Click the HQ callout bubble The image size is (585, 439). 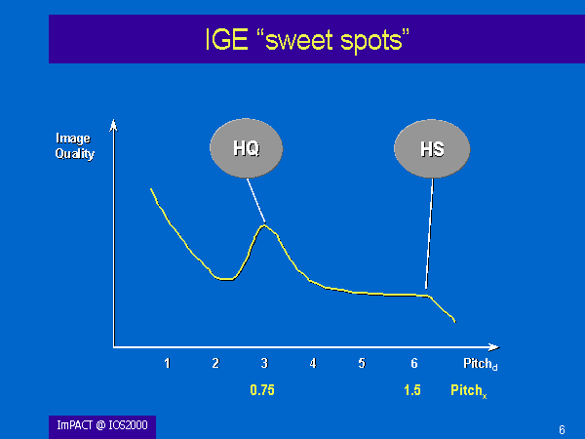tap(247, 148)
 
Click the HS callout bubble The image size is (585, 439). tap(432, 149)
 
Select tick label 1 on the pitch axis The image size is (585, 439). tap(167, 363)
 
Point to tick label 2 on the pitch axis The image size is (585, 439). tap(215, 363)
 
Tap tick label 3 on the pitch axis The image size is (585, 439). tap(264, 363)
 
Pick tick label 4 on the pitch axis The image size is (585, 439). tap(313, 363)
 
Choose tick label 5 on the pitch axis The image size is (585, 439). tap(362, 363)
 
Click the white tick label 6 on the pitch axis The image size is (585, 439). tap(414, 363)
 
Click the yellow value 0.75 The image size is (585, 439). tap(262, 390)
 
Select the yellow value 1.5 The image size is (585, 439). tap(412, 390)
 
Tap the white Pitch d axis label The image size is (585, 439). tap(481, 364)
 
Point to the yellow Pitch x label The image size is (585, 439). tap(469, 391)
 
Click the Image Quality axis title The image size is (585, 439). tap(75, 146)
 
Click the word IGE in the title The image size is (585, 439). tap(227, 39)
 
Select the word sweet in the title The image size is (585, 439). tap(298, 40)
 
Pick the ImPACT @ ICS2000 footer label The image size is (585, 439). tap(102, 425)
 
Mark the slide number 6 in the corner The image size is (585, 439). tap(562, 429)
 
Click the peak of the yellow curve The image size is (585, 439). tap(264, 224)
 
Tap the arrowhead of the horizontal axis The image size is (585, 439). tap(494, 347)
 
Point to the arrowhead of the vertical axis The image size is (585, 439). tap(113, 126)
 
